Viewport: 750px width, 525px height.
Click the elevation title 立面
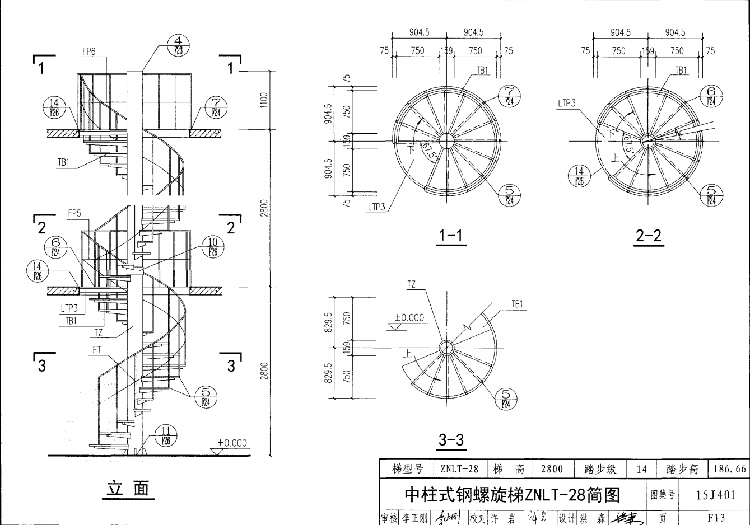pyautogui.click(x=128, y=489)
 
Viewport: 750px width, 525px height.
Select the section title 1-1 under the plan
pyautogui.click(x=451, y=236)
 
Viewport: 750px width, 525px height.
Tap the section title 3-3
pyautogui.click(x=451, y=440)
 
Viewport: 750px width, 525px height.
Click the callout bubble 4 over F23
pyautogui.click(x=179, y=44)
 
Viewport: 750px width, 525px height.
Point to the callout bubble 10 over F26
pyautogui.click(x=213, y=246)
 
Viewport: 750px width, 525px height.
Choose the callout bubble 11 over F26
pyautogui.click(x=166, y=435)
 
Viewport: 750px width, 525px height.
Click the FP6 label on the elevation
pyautogui.click(x=89, y=51)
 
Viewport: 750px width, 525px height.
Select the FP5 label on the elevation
pyautogui.click(x=74, y=213)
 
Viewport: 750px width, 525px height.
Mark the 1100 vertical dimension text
pyautogui.click(x=264, y=100)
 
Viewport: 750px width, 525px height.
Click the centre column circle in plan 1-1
pyautogui.click(x=446, y=140)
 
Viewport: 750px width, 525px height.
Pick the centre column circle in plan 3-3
pyautogui.click(x=446, y=348)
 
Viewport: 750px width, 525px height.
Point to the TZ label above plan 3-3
pyautogui.click(x=412, y=284)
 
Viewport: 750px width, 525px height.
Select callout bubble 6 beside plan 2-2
pyautogui.click(x=711, y=96)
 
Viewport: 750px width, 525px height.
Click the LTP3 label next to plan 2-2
pyautogui.click(x=566, y=103)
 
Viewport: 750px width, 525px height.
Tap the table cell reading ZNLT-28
pyautogui.click(x=459, y=468)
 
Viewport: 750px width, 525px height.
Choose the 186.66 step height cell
pyautogui.click(x=729, y=468)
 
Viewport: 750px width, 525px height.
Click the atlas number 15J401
pyautogui.click(x=715, y=495)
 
